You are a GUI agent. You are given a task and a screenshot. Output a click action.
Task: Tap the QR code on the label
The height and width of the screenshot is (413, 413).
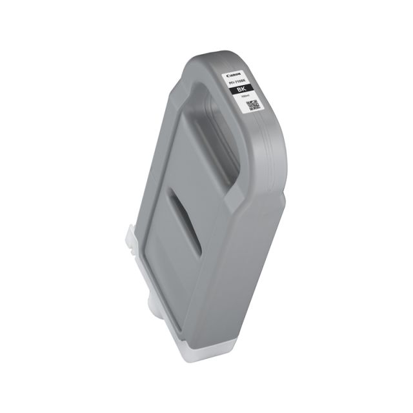click(x=253, y=105)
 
